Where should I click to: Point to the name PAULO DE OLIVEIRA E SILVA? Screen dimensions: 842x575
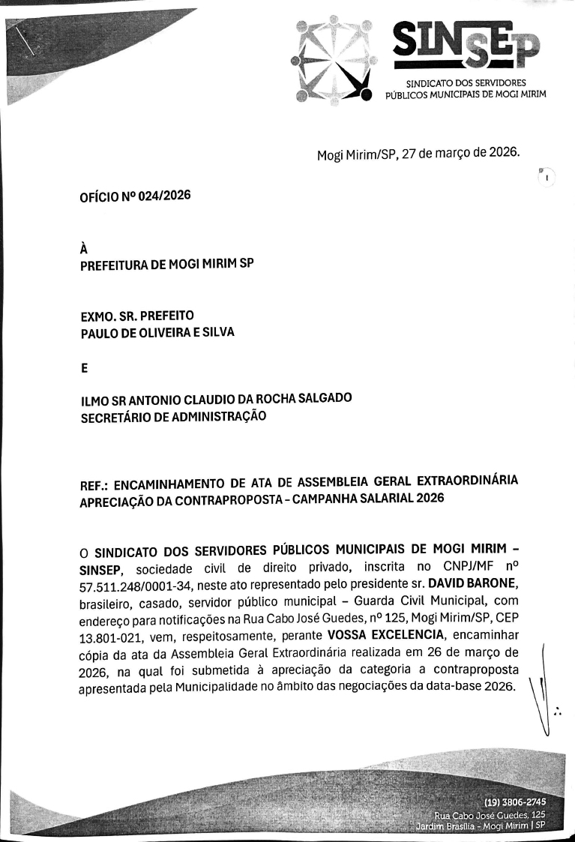157,332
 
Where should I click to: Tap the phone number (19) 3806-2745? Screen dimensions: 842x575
517,802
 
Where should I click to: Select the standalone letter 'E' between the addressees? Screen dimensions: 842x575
84,368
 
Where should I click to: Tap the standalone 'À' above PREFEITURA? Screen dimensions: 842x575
84,250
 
